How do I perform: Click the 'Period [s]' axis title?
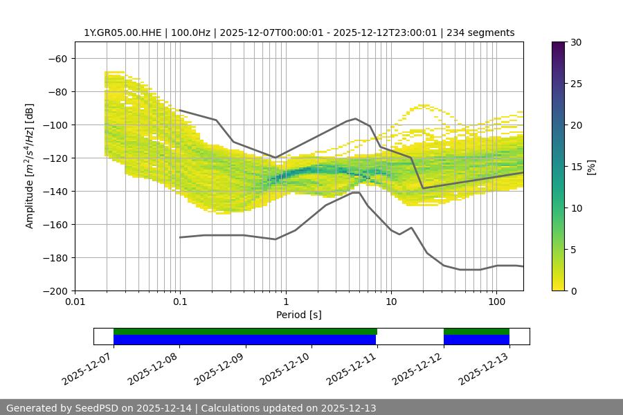pos(298,315)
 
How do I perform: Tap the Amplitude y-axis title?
pos(30,166)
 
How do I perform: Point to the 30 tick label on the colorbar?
pos(575,42)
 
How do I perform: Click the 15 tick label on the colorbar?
pos(575,167)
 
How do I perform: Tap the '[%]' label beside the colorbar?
pos(591,167)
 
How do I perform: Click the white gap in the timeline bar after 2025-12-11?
pos(410,336)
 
